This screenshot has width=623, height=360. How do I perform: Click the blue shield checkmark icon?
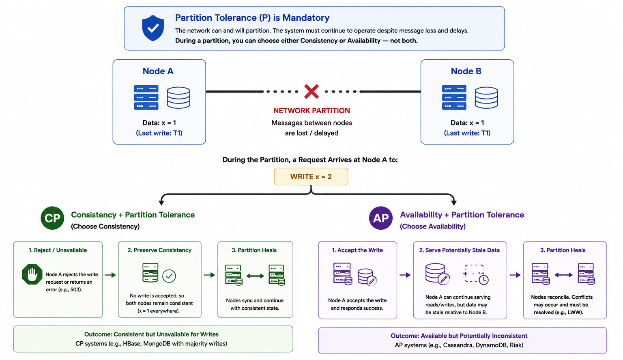pos(153,28)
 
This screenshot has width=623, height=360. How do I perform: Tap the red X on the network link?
pos(311,92)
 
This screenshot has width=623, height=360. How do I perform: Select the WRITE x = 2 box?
pos(311,177)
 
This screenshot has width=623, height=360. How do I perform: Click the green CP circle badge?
pos(52,218)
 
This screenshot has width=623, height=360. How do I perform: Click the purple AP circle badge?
pos(381,218)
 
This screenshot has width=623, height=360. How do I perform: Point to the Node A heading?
pos(158,71)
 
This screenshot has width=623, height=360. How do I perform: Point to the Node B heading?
pos(466,71)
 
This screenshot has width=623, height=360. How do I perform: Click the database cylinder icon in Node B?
pos(486,98)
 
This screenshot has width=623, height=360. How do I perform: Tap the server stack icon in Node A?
pos(146,97)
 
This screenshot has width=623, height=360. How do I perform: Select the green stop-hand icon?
pos(32,274)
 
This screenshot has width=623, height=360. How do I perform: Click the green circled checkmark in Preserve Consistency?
pos(169,276)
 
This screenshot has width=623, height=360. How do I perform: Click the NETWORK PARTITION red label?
pos(311,111)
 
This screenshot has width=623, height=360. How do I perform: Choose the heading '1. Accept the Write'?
pos(357,250)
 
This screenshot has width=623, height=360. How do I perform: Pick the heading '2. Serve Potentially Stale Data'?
pos(460,250)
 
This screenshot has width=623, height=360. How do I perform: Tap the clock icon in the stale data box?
pos(483,280)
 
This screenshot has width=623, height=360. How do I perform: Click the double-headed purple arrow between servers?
pos(563,275)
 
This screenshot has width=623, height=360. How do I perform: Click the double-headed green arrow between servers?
pos(255,276)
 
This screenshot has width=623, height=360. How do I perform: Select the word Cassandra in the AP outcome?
pos(458,345)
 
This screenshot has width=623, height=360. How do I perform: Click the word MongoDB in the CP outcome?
pos(157,344)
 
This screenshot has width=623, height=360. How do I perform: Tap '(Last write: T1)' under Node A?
pos(159,133)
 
